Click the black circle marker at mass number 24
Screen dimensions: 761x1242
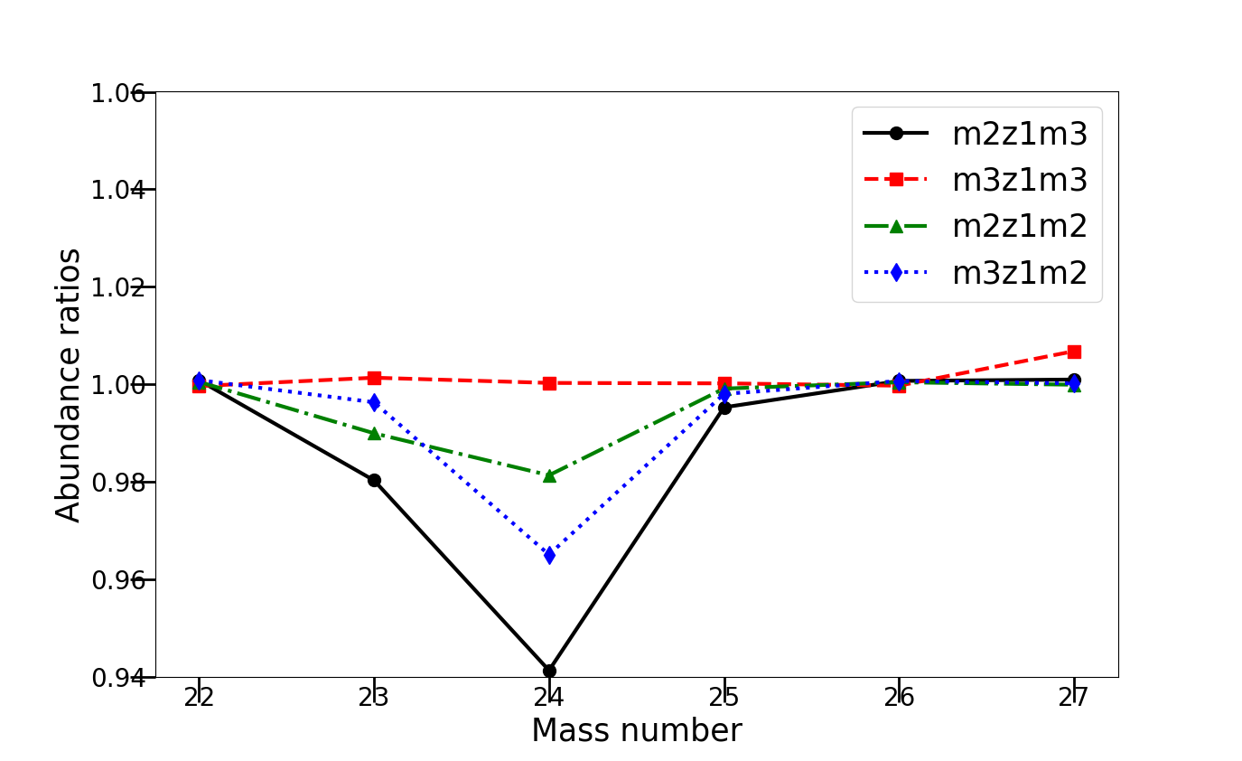click(x=549, y=671)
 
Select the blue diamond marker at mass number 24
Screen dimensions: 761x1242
click(x=549, y=555)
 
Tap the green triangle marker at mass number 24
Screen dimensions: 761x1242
click(x=549, y=475)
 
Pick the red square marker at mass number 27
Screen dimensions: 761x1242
click(x=1074, y=352)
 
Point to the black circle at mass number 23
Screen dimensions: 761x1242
click(x=374, y=480)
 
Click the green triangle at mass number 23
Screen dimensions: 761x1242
click(x=374, y=433)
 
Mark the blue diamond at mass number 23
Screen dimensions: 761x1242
click(x=374, y=402)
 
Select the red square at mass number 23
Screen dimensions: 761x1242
click(x=374, y=378)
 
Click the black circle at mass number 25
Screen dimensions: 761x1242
click(x=724, y=408)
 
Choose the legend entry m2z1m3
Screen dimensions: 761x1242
click(x=1019, y=134)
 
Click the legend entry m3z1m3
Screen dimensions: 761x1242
click(x=1019, y=180)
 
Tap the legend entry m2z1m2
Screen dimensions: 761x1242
click(x=1019, y=226)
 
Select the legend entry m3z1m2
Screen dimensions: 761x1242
click(x=1019, y=272)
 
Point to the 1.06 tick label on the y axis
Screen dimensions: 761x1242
click(x=118, y=92)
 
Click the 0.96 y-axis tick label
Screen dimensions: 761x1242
click(x=118, y=579)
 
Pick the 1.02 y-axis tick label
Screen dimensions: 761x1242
click(x=118, y=287)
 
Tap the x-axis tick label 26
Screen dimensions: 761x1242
click(x=899, y=698)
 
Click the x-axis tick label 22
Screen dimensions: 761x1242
click(x=199, y=698)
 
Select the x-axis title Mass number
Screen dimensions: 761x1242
click(x=637, y=730)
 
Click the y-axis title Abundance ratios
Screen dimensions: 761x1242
click(x=69, y=385)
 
